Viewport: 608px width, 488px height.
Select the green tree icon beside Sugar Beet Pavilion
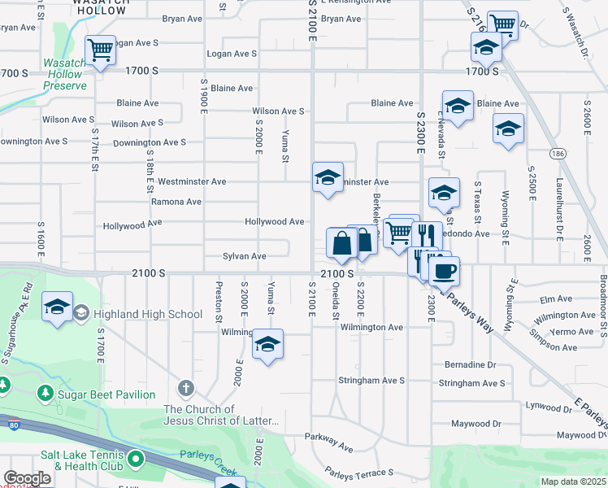point(45,394)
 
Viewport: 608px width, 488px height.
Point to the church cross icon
point(186,388)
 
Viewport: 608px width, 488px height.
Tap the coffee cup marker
point(444,271)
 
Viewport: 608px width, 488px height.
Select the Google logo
point(27,478)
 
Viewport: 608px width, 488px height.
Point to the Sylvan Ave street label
point(245,256)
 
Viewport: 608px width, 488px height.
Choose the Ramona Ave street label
point(176,202)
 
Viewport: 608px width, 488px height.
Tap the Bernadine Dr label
point(470,365)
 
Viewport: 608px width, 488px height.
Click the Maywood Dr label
point(476,424)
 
